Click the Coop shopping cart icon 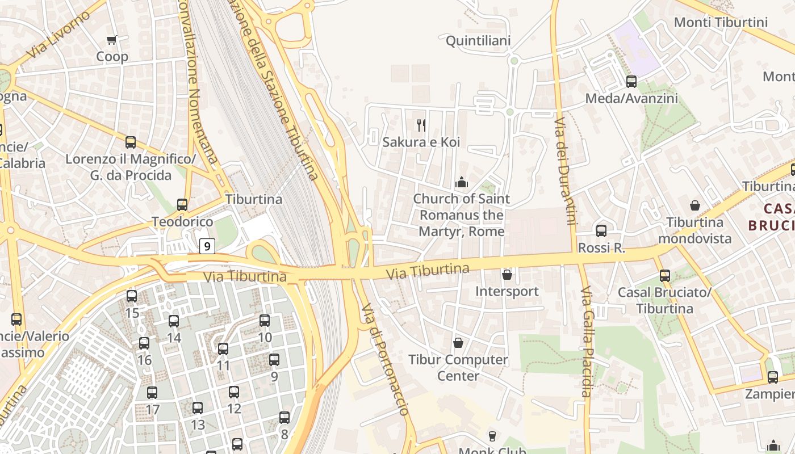click(112, 40)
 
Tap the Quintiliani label click(478, 41)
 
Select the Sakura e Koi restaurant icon click(421, 125)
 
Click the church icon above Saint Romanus click(462, 182)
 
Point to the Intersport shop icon click(507, 275)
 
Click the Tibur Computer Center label click(458, 367)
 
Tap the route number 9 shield click(207, 246)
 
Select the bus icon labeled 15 click(132, 296)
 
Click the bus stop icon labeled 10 click(265, 320)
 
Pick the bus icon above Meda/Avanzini click(631, 81)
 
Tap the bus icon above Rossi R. click(601, 231)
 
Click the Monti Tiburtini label click(721, 22)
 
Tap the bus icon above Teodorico click(182, 204)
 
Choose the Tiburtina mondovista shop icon click(695, 205)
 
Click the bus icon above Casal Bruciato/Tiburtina click(665, 276)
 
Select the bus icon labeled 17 click(152, 392)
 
